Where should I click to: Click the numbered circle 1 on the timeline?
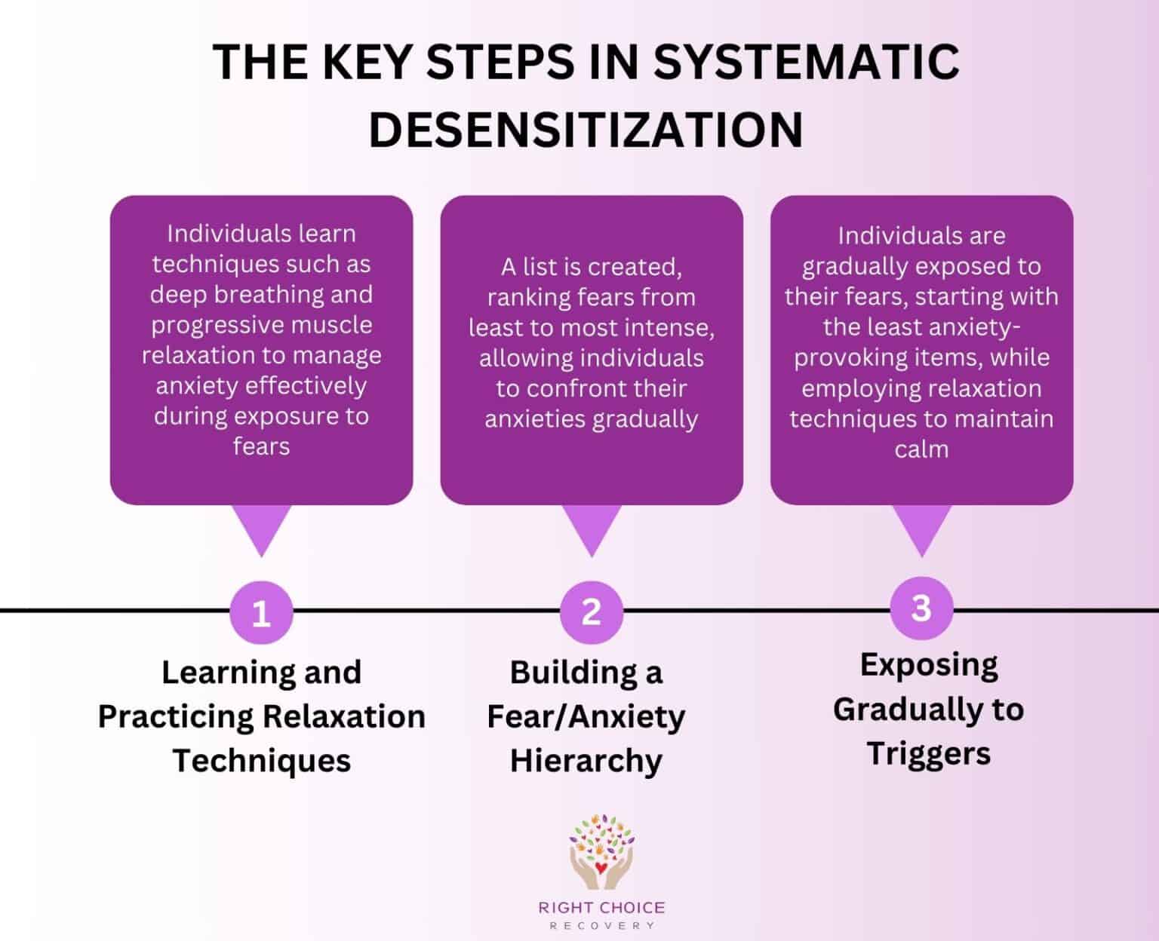pyautogui.click(x=261, y=614)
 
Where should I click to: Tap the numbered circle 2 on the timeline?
pyautogui.click(x=591, y=611)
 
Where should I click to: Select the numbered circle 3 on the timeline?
pyautogui.click(x=921, y=607)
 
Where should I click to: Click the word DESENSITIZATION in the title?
pyautogui.click(x=586, y=129)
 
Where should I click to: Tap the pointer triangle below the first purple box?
pyautogui.click(x=261, y=528)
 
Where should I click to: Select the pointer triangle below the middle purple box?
pyautogui.click(x=591, y=528)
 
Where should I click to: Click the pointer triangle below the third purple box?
pyautogui.click(x=921, y=528)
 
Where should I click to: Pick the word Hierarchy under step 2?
pyautogui.click(x=586, y=760)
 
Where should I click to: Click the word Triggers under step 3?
pyautogui.click(x=928, y=753)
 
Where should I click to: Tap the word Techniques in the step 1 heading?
pyautogui.click(x=262, y=760)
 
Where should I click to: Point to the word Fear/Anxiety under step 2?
pyautogui.click(x=586, y=716)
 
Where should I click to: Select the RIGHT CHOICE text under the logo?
pyautogui.click(x=601, y=907)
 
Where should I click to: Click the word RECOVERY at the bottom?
pyautogui.click(x=601, y=926)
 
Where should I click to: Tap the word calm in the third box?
pyautogui.click(x=921, y=449)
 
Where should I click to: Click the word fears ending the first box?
pyautogui.click(x=261, y=446)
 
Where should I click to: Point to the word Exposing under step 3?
pyautogui.click(x=929, y=665)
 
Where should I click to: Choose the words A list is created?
pyautogui.click(x=591, y=267)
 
